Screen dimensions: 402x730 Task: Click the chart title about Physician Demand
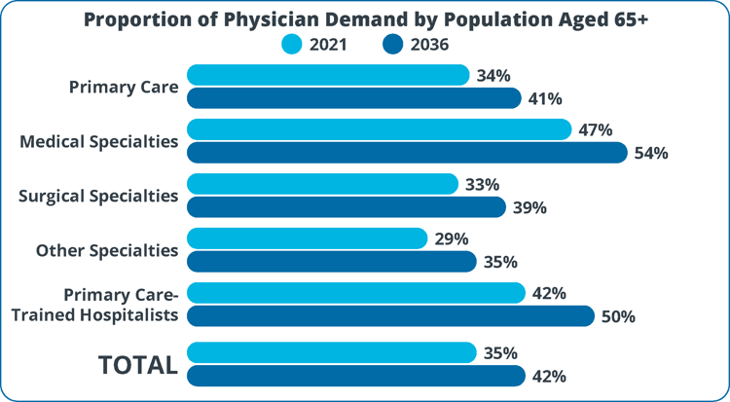365,18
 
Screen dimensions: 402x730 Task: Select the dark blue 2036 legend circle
393,44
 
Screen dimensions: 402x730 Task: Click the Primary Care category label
124,87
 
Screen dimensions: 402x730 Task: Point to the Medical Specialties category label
99,141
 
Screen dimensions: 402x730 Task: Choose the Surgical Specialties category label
98,196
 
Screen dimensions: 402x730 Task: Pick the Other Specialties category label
107,250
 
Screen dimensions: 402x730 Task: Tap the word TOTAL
137,364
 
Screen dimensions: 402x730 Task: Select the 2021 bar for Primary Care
328,75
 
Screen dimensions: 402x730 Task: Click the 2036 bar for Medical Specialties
407,153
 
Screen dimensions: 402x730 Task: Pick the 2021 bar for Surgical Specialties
322,184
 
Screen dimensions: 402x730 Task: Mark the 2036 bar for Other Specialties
331,262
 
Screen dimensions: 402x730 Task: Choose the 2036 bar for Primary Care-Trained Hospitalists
390,316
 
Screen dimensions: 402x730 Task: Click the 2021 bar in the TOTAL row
331,352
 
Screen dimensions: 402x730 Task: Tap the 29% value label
452,238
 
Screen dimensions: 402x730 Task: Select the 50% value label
616,316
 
